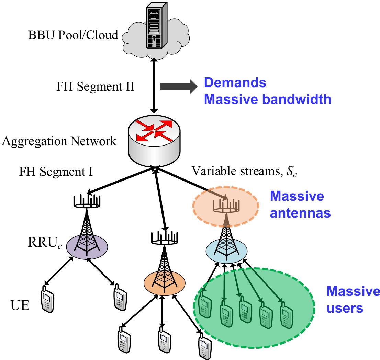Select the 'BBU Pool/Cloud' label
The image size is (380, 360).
(x=73, y=35)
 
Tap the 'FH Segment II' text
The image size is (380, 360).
(x=95, y=86)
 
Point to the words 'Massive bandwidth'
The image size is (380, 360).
(x=267, y=99)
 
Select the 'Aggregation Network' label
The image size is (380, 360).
(x=59, y=141)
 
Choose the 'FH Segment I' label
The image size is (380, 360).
(x=56, y=171)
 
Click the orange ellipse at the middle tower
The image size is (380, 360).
(x=164, y=281)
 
